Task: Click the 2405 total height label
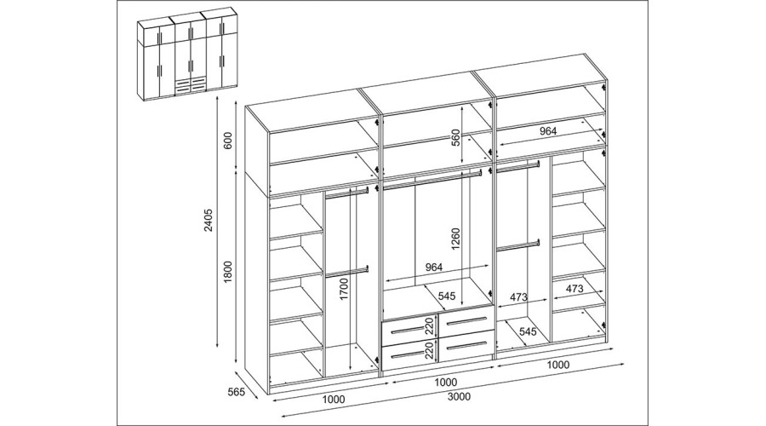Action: pos(209,220)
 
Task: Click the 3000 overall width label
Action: pos(459,396)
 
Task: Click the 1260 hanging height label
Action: pos(456,239)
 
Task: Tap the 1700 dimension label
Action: pos(345,289)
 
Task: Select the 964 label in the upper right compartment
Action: pos(547,131)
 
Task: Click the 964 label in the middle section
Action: pos(434,267)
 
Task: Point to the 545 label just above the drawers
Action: pos(447,296)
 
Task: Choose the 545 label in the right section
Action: pos(528,331)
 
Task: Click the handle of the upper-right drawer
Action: pos(466,321)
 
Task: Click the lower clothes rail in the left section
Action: pos(347,272)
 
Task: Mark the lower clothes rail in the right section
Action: pos(518,245)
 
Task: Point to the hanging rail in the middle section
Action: pos(432,177)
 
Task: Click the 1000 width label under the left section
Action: pos(333,399)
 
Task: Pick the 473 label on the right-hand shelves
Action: pos(574,289)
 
